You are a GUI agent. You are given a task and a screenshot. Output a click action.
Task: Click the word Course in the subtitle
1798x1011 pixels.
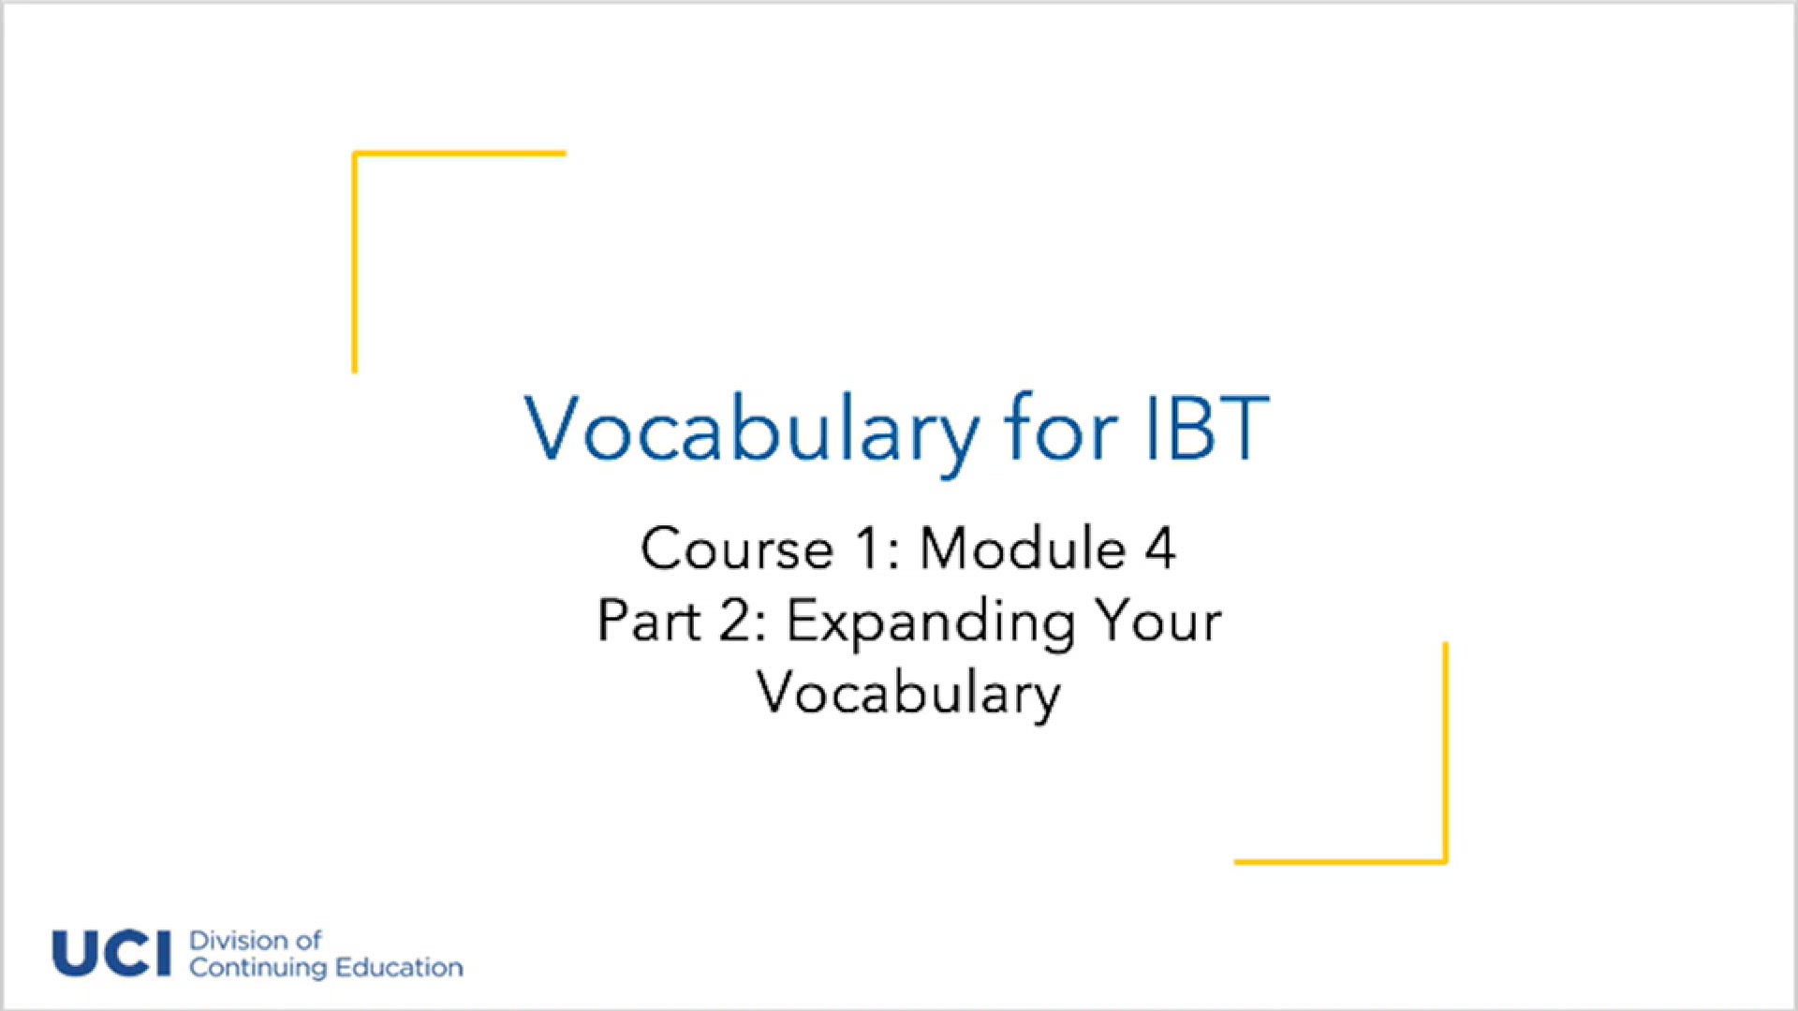737,549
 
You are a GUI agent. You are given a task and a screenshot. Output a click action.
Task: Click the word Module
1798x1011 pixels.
1023,549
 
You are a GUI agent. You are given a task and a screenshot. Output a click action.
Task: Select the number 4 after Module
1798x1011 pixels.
1160,549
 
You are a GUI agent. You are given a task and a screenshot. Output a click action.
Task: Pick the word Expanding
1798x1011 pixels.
931,623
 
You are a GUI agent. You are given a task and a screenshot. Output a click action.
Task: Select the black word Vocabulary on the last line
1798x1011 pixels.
908,694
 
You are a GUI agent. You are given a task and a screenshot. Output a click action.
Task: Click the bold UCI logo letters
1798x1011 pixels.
111,954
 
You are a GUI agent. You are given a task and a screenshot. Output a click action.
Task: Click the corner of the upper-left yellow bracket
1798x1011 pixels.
356,154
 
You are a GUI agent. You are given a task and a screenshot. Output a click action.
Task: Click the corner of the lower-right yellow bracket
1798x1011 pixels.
1445,860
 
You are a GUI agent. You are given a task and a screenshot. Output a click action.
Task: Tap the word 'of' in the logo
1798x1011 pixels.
308,941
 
